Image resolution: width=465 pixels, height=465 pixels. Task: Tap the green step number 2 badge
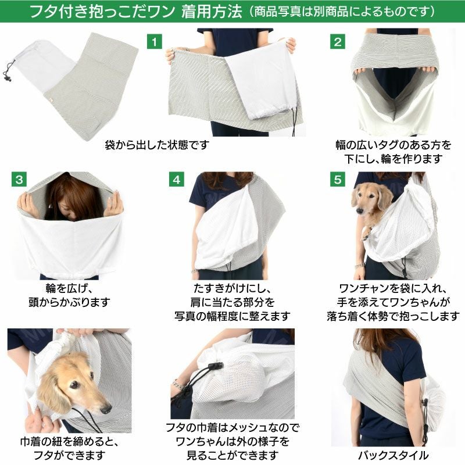pyautogui.click(x=337, y=42)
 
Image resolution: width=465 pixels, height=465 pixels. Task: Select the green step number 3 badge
pyautogui.click(x=19, y=179)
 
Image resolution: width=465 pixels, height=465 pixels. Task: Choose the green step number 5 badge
pyautogui.click(x=337, y=179)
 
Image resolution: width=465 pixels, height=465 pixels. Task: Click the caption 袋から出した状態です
pyautogui.click(x=156, y=144)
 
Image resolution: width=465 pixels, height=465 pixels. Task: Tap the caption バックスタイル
pyautogui.click(x=393, y=455)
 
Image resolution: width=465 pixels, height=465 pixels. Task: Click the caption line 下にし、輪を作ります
pyautogui.click(x=393, y=159)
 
